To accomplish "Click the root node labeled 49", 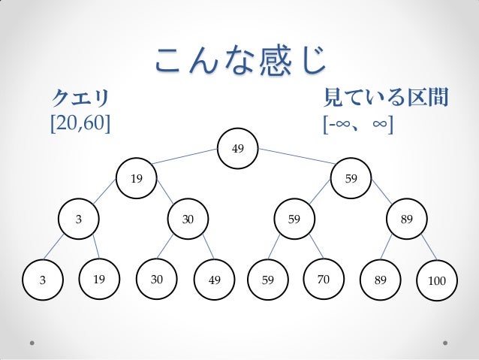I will [x=237, y=148].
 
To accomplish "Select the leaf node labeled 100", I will [x=436, y=280].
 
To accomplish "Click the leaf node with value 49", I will [x=215, y=280].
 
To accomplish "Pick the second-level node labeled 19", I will [x=136, y=179].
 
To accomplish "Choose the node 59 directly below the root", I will [x=351, y=179].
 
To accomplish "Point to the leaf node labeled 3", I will [x=43, y=279].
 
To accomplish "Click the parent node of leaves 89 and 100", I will [x=406, y=219].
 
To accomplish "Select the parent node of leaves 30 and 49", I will [x=188, y=219].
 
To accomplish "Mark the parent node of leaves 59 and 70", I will [x=294, y=219].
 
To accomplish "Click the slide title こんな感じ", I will [x=239, y=59].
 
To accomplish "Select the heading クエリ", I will [x=80, y=97].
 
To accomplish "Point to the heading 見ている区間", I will [x=385, y=97].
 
